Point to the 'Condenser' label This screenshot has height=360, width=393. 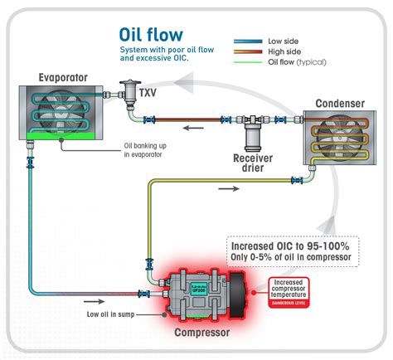[338, 103]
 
